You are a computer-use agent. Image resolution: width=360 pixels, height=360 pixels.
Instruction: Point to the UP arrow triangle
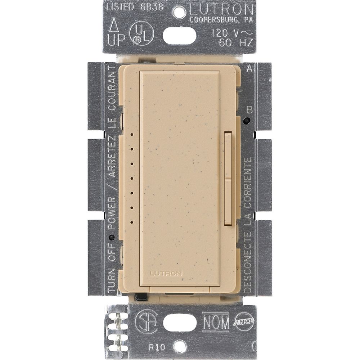tap(114, 26)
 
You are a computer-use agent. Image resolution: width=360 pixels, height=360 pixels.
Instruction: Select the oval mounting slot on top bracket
tap(179, 36)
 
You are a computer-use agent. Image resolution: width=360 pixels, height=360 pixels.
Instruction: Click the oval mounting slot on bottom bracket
tap(180, 323)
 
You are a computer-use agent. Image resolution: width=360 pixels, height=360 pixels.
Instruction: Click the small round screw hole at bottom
tap(179, 346)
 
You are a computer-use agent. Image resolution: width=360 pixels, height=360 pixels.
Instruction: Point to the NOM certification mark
tap(215, 321)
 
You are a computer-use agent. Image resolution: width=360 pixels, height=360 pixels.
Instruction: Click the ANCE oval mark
tap(244, 321)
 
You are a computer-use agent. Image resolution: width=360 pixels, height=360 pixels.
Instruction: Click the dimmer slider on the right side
tap(228, 178)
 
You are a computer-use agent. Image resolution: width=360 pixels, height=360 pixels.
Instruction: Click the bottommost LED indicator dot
tap(132, 222)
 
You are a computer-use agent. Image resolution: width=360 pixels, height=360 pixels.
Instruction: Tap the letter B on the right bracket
tap(249, 109)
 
